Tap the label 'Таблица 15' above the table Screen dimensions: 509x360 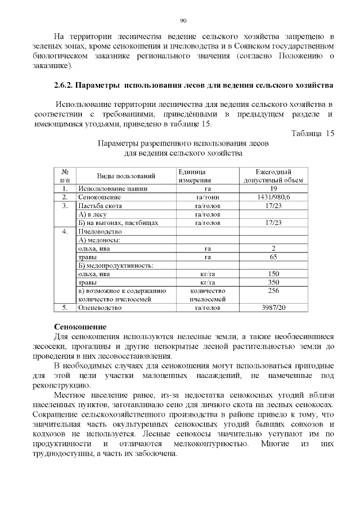(313, 133)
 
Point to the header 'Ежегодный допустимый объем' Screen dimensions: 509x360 (273, 175)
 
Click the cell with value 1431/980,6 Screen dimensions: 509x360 (273, 197)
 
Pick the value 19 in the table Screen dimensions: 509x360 (273, 188)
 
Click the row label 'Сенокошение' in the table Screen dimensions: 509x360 (100, 197)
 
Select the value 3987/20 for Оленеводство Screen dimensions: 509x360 (273, 308)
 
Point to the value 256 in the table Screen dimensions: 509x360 (273, 291)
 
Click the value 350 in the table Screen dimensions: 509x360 (273, 282)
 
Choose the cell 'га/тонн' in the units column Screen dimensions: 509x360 (207, 197)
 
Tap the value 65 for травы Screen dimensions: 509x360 (273, 257)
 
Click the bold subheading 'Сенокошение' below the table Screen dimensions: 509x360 (80, 327)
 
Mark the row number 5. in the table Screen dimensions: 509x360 (65, 308)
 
